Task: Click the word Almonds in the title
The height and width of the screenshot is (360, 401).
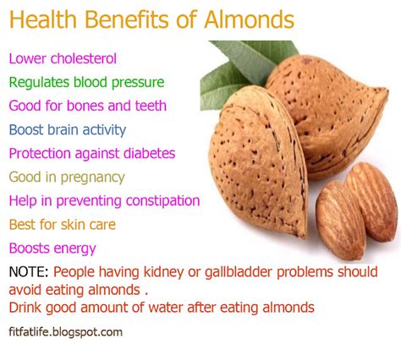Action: point(249,19)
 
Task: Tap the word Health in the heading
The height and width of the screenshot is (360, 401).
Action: point(43,19)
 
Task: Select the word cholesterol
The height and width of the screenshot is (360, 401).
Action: point(83,58)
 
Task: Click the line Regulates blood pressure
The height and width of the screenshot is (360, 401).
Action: point(86,83)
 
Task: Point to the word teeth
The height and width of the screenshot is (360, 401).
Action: point(151,106)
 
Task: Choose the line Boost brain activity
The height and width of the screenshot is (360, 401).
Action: point(68,130)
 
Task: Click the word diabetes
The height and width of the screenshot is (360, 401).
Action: point(149,153)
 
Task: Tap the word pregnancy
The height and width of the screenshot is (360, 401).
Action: point(92,177)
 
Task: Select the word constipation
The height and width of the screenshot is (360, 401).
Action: point(162,201)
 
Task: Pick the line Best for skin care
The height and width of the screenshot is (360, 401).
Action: point(63,225)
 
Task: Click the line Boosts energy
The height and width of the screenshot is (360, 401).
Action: point(52,248)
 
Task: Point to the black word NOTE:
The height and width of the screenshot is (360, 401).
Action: point(29,272)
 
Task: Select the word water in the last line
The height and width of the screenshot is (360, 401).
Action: point(166,308)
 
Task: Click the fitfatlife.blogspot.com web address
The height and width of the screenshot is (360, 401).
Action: point(65,332)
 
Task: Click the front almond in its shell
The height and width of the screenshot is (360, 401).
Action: point(258,161)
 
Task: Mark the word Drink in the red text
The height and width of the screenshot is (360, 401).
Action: point(25,308)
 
